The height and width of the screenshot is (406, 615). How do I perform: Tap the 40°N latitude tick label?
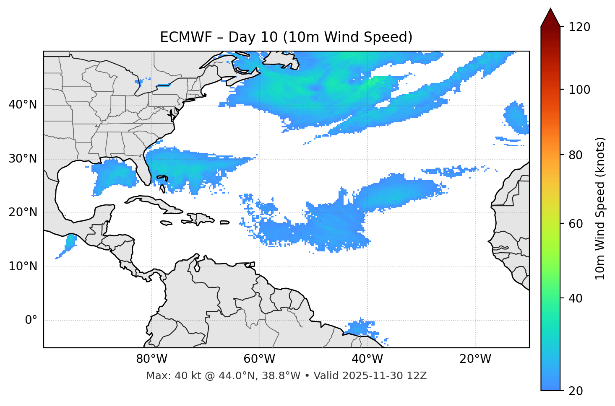23,105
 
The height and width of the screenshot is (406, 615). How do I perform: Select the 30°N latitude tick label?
23,159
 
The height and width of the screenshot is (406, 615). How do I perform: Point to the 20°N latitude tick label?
23,212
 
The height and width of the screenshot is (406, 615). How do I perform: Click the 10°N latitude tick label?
23,266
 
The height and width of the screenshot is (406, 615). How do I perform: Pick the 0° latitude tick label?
31,321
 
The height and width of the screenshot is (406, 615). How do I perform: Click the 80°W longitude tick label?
151,359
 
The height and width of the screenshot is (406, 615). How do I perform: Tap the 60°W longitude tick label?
259,359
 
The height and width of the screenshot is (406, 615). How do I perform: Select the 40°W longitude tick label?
367,359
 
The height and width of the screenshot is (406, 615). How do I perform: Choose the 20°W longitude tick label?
475,359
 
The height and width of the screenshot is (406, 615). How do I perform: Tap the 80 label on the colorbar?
577,155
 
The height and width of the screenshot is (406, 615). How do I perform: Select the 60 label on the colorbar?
577,224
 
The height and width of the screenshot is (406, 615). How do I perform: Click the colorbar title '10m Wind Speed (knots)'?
600,208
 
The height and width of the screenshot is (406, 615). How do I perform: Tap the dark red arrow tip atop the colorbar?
550,17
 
